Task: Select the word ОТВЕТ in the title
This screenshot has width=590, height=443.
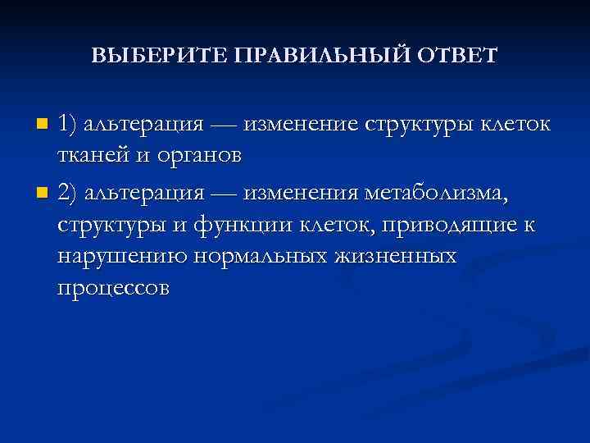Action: [x=459, y=57]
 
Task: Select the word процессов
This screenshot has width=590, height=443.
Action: [x=114, y=289]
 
